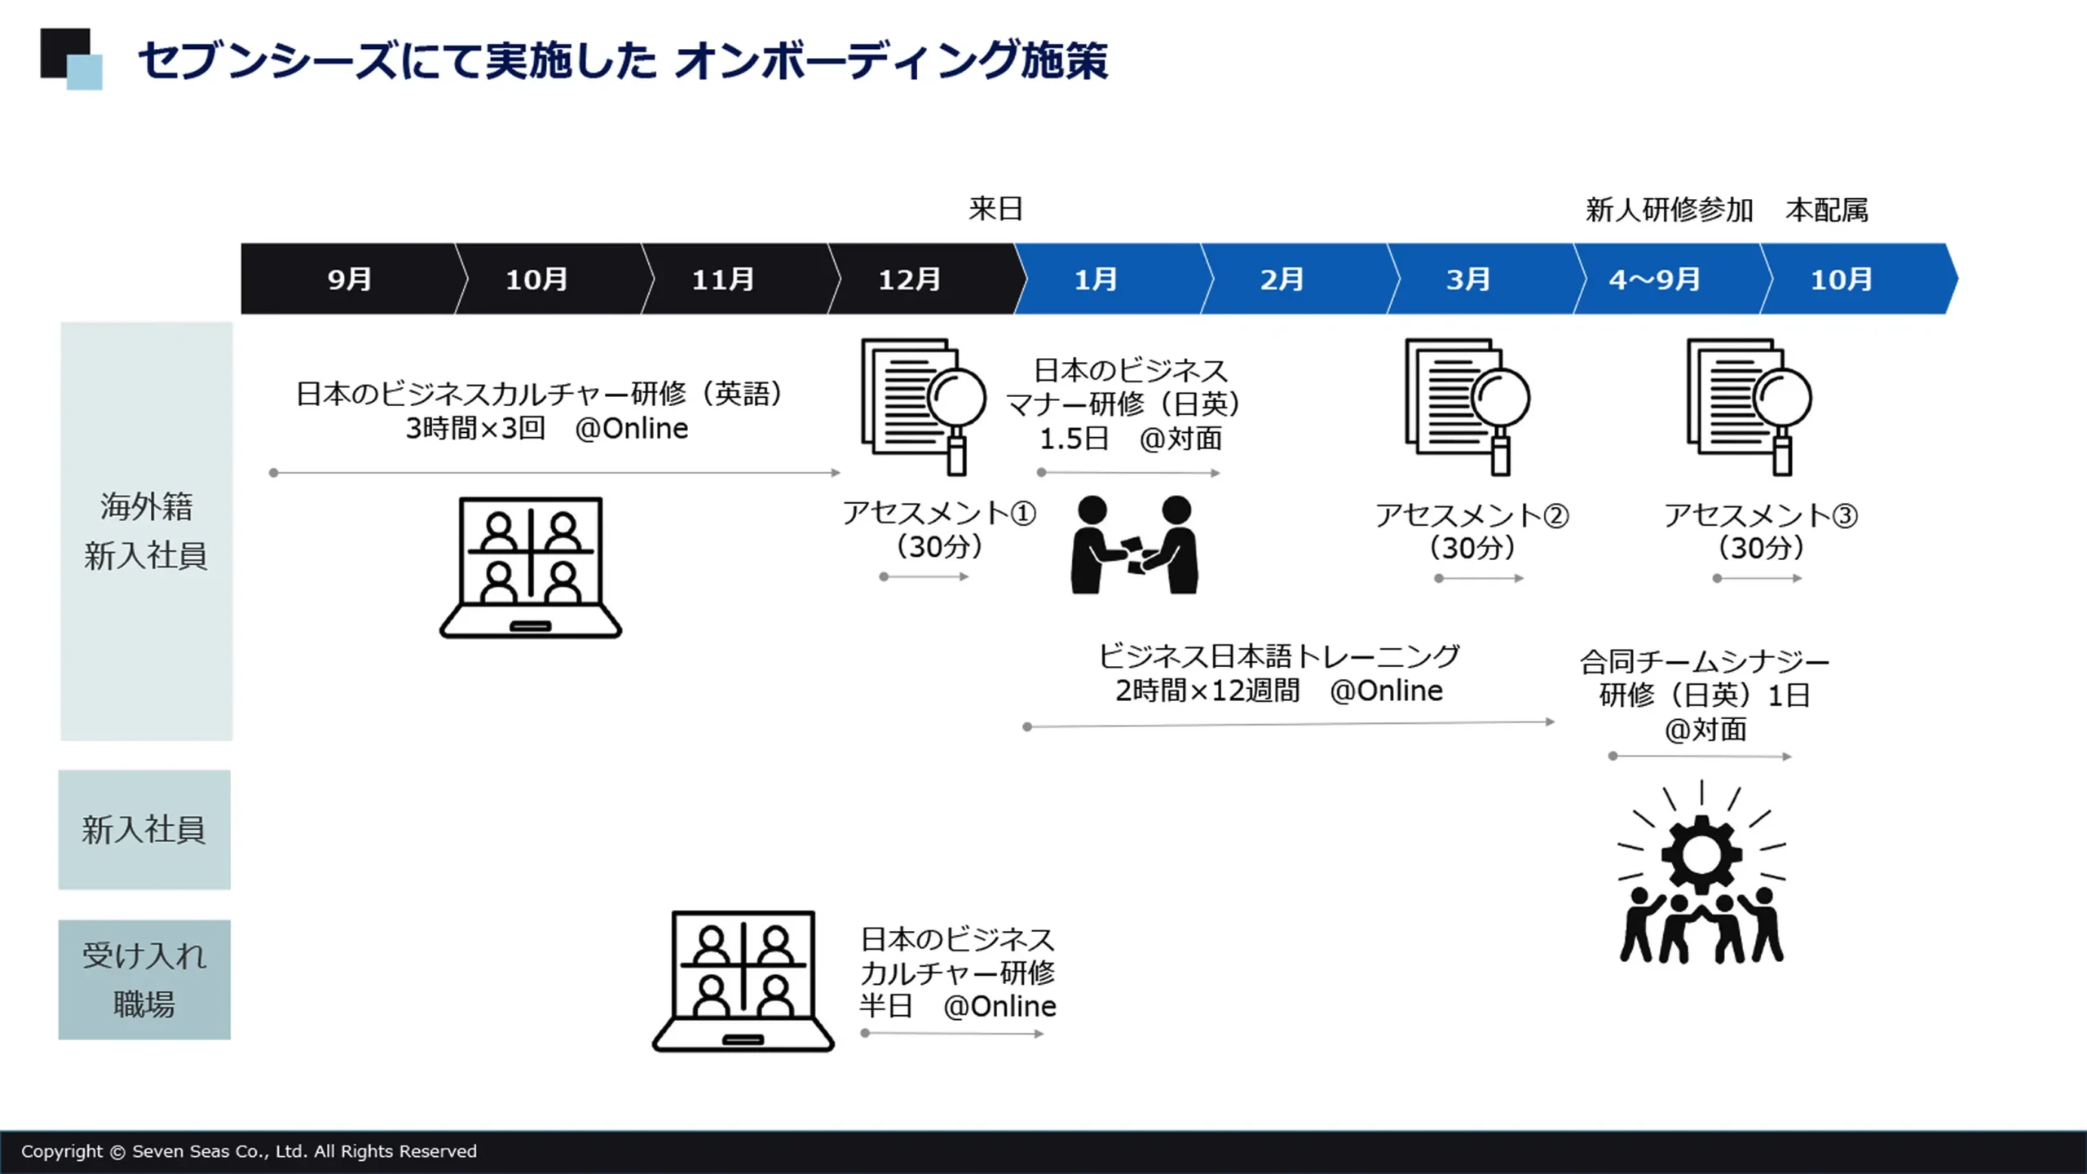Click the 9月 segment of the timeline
(349, 279)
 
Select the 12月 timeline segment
(909, 279)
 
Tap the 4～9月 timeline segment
(1654, 279)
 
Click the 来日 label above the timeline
(995, 209)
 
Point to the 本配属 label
(1826, 210)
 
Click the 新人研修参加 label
(1669, 210)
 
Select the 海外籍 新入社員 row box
(146, 531)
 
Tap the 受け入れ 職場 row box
(144, 979)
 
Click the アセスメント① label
(938, 513)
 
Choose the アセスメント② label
(1471, 515)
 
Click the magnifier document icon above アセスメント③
(1749, 406)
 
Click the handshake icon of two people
(1134, 545)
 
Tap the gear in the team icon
(1701, 854)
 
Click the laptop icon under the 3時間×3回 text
(531, 567)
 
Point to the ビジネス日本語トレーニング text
(1278, 656)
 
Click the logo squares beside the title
(72, 59)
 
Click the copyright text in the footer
(249, 1151)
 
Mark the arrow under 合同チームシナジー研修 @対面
(1701, 757)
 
